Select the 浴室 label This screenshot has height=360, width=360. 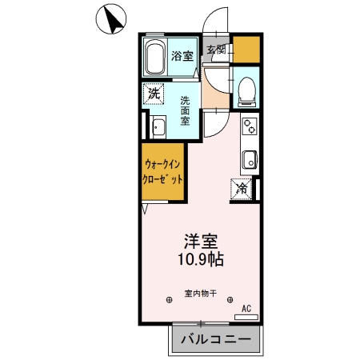[183, 56]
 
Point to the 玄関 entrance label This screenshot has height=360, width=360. [216, 50]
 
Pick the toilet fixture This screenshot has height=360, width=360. [246, 90]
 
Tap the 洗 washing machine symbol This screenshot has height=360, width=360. [154, 94]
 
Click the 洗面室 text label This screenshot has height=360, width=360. [185, 110]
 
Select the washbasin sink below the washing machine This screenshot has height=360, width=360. [157, 127]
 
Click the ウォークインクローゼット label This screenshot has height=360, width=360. [163, 172]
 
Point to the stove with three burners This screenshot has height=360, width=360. [250, 126]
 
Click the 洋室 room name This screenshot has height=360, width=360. [202, 241]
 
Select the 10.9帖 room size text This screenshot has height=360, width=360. [201, 259]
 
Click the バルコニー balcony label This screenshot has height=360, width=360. [215, 339]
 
